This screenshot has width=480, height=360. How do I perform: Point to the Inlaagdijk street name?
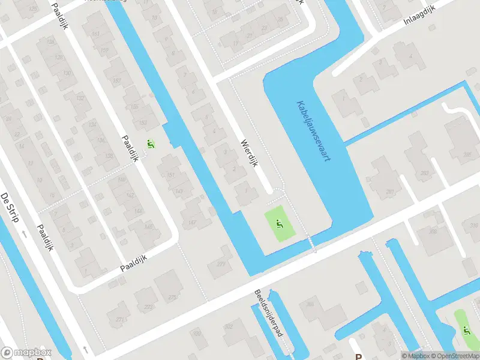click(419, 21)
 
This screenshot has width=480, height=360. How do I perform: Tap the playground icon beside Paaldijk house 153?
click(150, 144)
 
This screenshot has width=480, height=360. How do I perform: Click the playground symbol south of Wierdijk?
click(279, 224)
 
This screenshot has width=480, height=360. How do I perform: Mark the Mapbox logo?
click(26, 353)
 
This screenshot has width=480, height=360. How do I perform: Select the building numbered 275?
click(172, 297)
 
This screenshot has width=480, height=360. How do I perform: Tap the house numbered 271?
click(122, 320)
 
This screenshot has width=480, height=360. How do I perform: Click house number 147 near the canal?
click(192, 223)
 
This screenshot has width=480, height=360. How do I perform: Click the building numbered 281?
click(390, 193)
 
